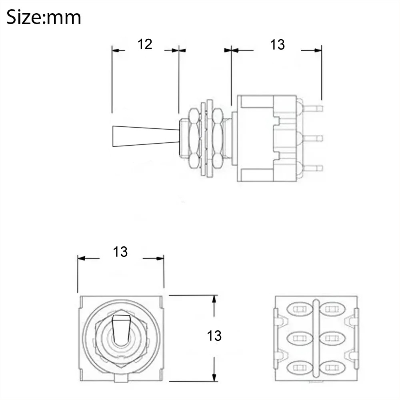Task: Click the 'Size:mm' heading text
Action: coord(44,17)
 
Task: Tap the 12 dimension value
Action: coord(145,44)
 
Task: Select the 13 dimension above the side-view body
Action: coord(277,45)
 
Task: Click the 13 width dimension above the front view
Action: coord(120,252)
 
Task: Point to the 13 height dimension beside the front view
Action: coord(214,336)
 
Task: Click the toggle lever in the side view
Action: coord(146,136)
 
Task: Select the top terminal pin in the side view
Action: coord(313,109)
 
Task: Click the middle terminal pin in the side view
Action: coord(313,138)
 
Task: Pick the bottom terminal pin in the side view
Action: coord(313,168)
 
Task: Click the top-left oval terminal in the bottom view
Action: coord(300,309)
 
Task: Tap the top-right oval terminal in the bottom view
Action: coord(332,309)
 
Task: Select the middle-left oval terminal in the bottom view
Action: coord(300,338)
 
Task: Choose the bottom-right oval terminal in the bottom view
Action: coord(332,368)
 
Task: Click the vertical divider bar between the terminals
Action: coord(316,338)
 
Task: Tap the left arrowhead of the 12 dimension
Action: coord(116,50)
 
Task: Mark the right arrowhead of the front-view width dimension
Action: coord(160,258)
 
